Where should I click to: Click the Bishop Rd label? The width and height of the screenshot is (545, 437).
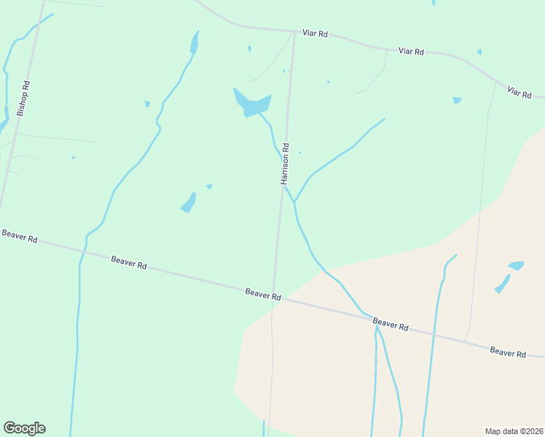[23, 99]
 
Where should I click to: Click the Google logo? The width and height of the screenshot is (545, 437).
[24, 428]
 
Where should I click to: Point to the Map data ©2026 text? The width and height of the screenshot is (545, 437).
[514, 430]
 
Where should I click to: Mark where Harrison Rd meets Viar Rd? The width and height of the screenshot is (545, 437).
[294, 31]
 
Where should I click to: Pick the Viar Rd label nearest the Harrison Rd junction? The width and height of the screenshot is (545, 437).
[315, 34]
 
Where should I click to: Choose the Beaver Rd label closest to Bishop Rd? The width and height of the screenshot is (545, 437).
[20, 236]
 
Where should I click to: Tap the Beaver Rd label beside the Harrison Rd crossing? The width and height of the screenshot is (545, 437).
[263, 294]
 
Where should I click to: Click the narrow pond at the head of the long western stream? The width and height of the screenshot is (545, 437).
[195, 43]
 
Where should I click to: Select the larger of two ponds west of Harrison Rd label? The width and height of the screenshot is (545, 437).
[189, 202]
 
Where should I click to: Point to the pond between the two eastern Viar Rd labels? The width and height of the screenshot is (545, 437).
[457, 100]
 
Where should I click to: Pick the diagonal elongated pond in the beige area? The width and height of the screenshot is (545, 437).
[503, 283]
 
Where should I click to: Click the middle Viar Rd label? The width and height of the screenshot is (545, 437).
[412, 52]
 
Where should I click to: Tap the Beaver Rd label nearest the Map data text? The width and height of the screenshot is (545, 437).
[508, 353]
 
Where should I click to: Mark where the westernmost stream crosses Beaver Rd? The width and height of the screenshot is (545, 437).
[82, 252]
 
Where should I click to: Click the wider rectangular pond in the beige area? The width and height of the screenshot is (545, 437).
[516, 265]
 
